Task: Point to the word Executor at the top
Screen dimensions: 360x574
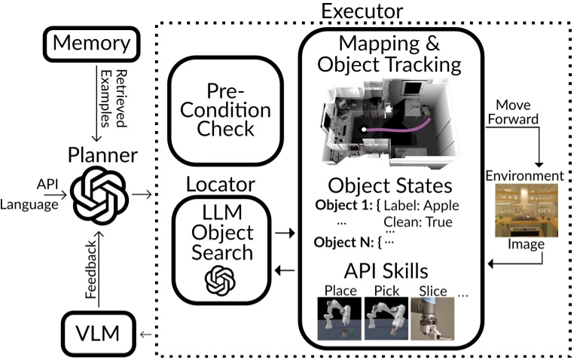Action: (x=362, y=11)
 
